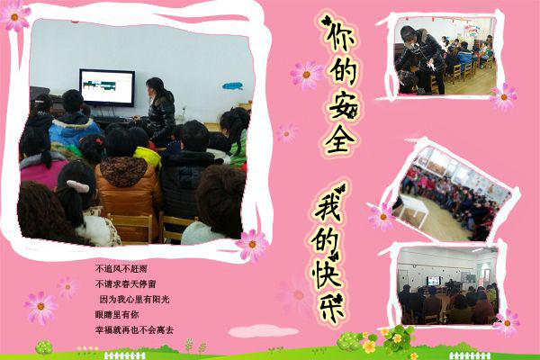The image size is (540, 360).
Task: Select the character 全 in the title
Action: [340, 139]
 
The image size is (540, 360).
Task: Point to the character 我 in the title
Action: [329, 204]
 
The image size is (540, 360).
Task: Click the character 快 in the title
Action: [328, 274]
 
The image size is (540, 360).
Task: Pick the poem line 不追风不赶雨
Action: [121, 269]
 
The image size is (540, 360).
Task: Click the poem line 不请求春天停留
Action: [125, 283]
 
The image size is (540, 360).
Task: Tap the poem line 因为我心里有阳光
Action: [134, 299]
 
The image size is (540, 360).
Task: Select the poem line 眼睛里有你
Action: [117, 314]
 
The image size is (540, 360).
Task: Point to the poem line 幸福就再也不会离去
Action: [134, 329]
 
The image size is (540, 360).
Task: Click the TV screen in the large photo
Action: [107, 87]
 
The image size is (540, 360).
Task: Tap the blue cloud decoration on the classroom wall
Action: [232, 85]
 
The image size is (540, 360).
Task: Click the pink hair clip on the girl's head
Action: [78, 186]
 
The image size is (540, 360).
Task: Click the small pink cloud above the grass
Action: [264, 331]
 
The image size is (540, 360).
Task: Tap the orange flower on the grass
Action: [369, 346]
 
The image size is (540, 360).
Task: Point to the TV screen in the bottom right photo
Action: [433, 281]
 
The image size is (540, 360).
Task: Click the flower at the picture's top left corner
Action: [14, 16]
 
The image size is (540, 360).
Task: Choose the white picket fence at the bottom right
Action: [470, 355]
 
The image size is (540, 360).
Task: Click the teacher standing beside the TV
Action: [159, 111]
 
